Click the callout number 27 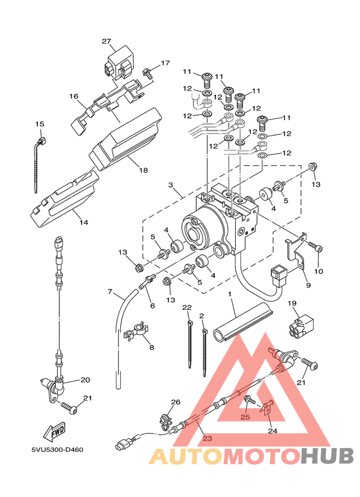tap(107, 41)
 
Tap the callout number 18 tap(143, 170)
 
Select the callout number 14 tap(84, 222)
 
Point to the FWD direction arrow tap(54, 432)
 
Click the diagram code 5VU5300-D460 tap(57, 450)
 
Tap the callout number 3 tap(171, 185)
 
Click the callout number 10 tap(318, 271)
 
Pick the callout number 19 tap(292, 303)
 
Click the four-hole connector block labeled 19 tap(301, 327)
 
